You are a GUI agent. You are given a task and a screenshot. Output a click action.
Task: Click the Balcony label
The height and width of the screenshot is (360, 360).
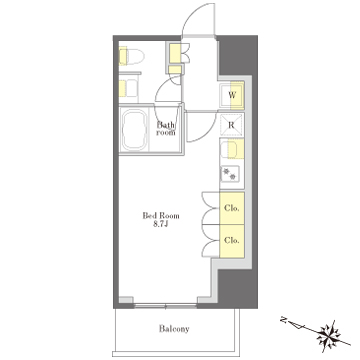174,329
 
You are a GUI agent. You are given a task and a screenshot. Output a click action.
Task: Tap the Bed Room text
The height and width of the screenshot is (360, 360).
161,216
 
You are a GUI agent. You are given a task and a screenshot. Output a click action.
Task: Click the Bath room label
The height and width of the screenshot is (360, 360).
166,129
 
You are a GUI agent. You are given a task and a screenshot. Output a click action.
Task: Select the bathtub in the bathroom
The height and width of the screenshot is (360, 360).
135,130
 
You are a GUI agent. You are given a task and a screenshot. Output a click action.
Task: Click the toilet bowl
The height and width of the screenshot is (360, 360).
132,57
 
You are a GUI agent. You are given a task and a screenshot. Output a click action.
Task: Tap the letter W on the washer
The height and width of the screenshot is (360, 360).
232,95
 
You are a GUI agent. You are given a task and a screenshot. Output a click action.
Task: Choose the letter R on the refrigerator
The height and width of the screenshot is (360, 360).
231,126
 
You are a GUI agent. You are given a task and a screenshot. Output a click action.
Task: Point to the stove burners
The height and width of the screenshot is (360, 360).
230,173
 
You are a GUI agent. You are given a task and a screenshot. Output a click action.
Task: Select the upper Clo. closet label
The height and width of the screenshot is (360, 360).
231,208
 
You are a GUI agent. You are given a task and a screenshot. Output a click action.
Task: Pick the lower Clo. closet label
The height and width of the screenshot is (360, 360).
231,240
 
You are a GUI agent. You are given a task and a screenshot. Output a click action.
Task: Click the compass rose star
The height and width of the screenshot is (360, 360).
328,334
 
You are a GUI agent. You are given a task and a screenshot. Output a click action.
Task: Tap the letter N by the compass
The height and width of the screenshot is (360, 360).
284,321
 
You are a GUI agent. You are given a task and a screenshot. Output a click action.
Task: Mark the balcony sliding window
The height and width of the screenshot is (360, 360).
165,305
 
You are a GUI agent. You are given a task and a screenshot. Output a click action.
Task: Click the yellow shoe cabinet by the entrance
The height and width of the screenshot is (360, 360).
175,53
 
